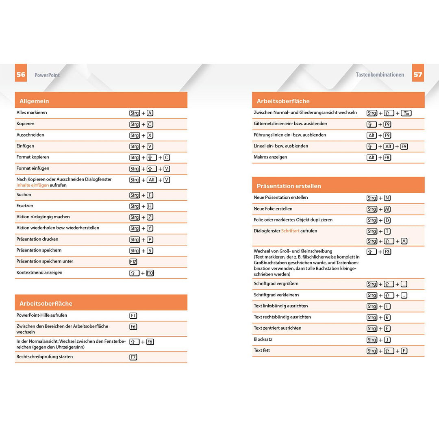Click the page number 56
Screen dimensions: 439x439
pyautogui.click(x=21, y=74)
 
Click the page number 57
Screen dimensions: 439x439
pyautogui.click(x=418, y=74)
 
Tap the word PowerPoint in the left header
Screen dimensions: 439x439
pyautogui.click(x=47, y=75)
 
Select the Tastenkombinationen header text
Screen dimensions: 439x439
pyautogui.click(x=380, y=75)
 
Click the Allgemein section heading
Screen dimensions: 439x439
pyautogui.click(x=34, y=101)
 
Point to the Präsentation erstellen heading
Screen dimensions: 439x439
pyautogui.click(x=289, y=186)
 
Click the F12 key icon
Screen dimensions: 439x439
pyautogui.click(x=134, y=262)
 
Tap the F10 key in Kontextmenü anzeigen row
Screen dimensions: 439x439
pyautogui.click(x=150, y=273)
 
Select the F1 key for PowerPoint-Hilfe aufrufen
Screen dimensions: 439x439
pyautogui.click(x=133, y=316)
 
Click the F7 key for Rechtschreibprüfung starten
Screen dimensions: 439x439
pyautogui.click(x=133, y=357)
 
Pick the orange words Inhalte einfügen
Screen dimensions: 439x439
pyautogui.click(x=33, y=185)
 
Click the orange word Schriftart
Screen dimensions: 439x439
pyautogui.click(x=290, y=231)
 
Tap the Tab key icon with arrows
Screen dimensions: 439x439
pyautogui.click(x=406, y=113)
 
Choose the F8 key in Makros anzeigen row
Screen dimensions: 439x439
pyautogui.click(x=387, y=158)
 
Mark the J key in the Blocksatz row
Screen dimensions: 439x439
pyautogui.click(x=387, y=340)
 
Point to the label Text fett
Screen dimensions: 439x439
pyautogui.click(x=262, y=350)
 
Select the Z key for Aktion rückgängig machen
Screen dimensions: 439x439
pyautogui.click(x=150, y=217)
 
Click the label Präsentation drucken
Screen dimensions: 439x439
pyautogui.click(x=37, y=239)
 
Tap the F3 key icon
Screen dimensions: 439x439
pyautogui.click(x=387, y=252)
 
